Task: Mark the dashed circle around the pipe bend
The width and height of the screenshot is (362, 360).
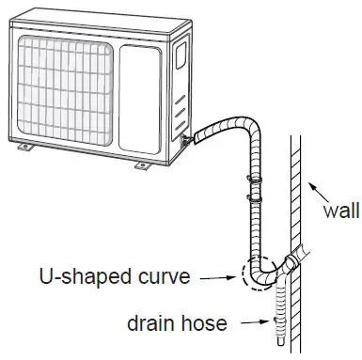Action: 258,275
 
